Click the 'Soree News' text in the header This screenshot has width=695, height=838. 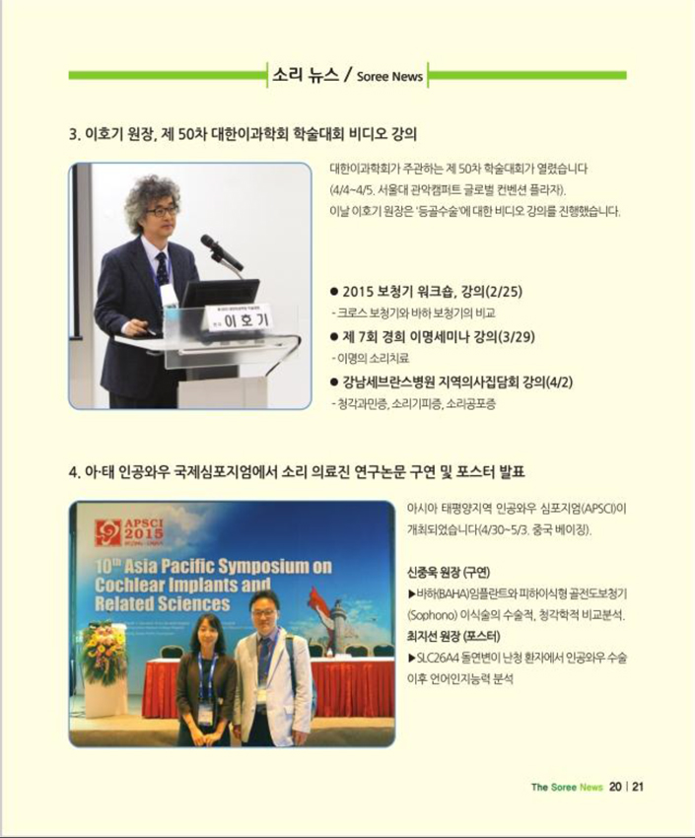[389, 77]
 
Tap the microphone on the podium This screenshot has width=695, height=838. [222, 251]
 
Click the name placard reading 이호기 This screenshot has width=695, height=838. [239, 319]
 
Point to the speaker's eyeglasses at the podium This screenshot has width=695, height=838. [162, 211]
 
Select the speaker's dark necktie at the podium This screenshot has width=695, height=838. [162, 270]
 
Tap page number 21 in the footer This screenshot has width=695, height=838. [638, 787]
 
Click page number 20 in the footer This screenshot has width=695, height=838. [615, 787]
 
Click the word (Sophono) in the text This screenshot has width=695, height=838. [432, 615]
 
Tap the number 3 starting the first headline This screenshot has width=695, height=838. [74, 134]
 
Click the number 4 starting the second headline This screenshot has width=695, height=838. [74, 472]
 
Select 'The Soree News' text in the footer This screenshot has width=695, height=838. [567, 788]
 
